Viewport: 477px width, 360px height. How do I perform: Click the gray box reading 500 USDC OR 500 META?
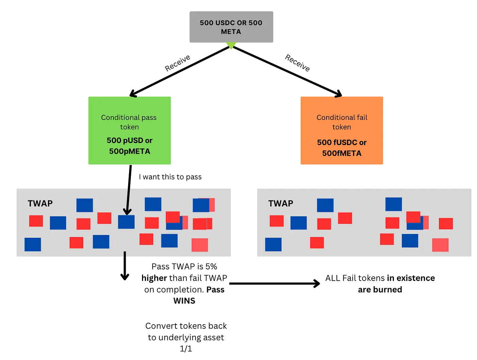(x=231, y=27)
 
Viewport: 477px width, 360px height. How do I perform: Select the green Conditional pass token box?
(x=129, y=130)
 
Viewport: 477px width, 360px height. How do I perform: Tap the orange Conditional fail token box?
(x=342, y=130)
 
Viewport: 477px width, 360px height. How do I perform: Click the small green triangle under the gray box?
(x=231, y=45)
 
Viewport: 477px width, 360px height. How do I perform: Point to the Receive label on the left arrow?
(x=178, y=63)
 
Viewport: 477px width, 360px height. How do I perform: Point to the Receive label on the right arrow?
(x=297, y=63)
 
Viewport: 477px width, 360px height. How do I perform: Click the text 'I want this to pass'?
(x=170, y=177)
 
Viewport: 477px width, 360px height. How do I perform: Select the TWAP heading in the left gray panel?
(x=40, y=203)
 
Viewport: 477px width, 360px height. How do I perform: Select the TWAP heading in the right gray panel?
(x=281, y=203)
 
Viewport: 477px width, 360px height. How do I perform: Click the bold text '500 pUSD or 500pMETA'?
(x=129, y=146)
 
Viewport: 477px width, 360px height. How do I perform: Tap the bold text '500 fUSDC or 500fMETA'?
(x=342, y=148)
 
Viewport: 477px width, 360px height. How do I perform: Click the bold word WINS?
(x=184, y=301)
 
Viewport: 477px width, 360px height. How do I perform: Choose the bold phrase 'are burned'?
(x=380, y=289)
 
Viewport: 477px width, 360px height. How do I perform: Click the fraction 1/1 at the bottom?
(x=186, y=348)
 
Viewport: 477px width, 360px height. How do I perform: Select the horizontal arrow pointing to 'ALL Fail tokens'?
(x=274, y=283)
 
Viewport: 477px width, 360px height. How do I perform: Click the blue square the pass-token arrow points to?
(x=126, y=222)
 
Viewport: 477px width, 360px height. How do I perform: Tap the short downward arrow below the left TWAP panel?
(x=125, y=266)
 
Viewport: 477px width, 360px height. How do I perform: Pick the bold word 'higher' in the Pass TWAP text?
(x=154, y=278)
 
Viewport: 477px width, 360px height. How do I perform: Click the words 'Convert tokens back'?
(x=186, y=326)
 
